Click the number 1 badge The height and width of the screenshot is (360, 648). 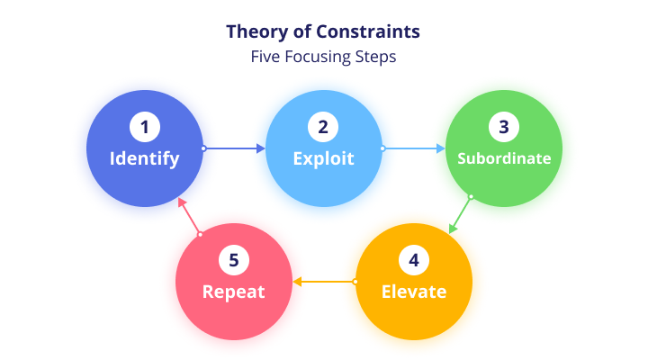tap(145, 127)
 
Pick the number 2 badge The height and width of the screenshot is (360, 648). tap(323, 127)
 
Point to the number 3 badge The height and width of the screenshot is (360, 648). tap(504, 127)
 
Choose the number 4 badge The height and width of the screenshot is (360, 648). tap(414, 260)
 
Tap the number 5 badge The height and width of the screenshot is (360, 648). tap(234, 260)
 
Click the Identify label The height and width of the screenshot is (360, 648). tap(145, 159)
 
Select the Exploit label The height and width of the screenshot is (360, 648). tap(324, 159)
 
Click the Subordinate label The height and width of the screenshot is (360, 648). tap(504, 158)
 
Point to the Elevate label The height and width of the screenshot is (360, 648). tap(414, 292)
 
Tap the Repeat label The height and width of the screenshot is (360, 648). tap(233, 292)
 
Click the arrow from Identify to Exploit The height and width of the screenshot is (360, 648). tap(233, 148)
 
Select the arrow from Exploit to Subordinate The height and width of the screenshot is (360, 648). tap(413, 148)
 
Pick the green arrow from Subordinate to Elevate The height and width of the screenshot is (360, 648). tap(460, 215)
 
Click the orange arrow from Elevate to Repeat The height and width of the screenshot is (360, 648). tap(325, 282)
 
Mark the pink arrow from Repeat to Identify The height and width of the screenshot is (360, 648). tap(189, 216)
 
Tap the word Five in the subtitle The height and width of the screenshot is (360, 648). tap(265, 57)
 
